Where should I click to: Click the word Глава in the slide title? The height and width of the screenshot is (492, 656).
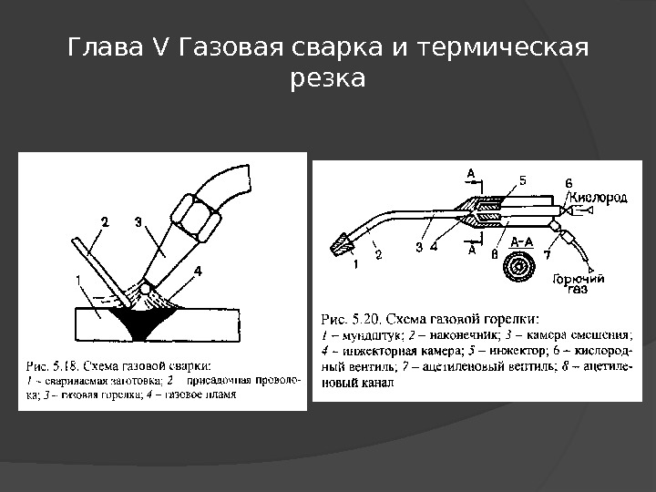coord(97,46)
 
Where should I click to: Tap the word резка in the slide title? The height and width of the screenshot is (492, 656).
coord(327,79)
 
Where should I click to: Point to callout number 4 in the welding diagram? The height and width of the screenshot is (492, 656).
coord(198,271)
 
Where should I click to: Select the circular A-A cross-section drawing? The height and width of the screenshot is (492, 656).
coord(524,266)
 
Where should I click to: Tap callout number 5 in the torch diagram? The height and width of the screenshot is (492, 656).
coord(522,180)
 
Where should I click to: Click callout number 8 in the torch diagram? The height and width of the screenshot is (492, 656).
coord(494,256)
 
